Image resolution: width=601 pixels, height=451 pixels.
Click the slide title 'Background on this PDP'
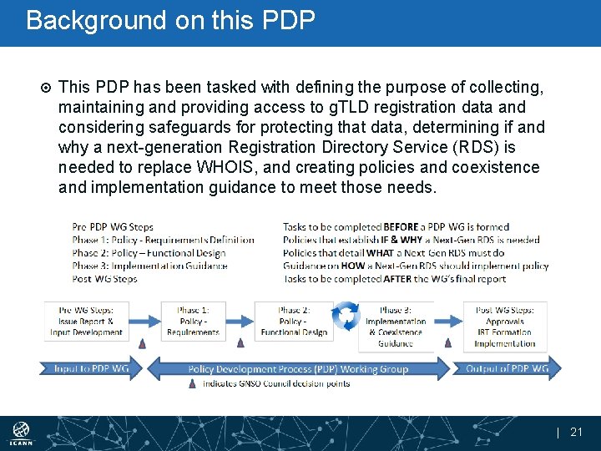tap(171, 20)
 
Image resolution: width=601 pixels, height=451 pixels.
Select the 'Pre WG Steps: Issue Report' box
tap(86, 321)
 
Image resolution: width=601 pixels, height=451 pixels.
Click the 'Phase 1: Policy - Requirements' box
tap(193, 321)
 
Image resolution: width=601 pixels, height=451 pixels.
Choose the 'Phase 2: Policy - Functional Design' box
tap(294, 321)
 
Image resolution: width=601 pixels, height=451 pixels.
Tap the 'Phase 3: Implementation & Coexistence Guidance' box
tap(395, 327)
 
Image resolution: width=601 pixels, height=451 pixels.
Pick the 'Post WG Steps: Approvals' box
tap(504, 327)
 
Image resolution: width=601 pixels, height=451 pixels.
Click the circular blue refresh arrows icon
tap(346, 316)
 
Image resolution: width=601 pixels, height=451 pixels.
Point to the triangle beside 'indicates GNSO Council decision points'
tap(193, 383)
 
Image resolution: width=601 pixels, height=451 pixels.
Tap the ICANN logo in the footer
tap(21, 433)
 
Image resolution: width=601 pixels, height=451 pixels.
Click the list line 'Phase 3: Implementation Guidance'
tap(149, 266)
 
